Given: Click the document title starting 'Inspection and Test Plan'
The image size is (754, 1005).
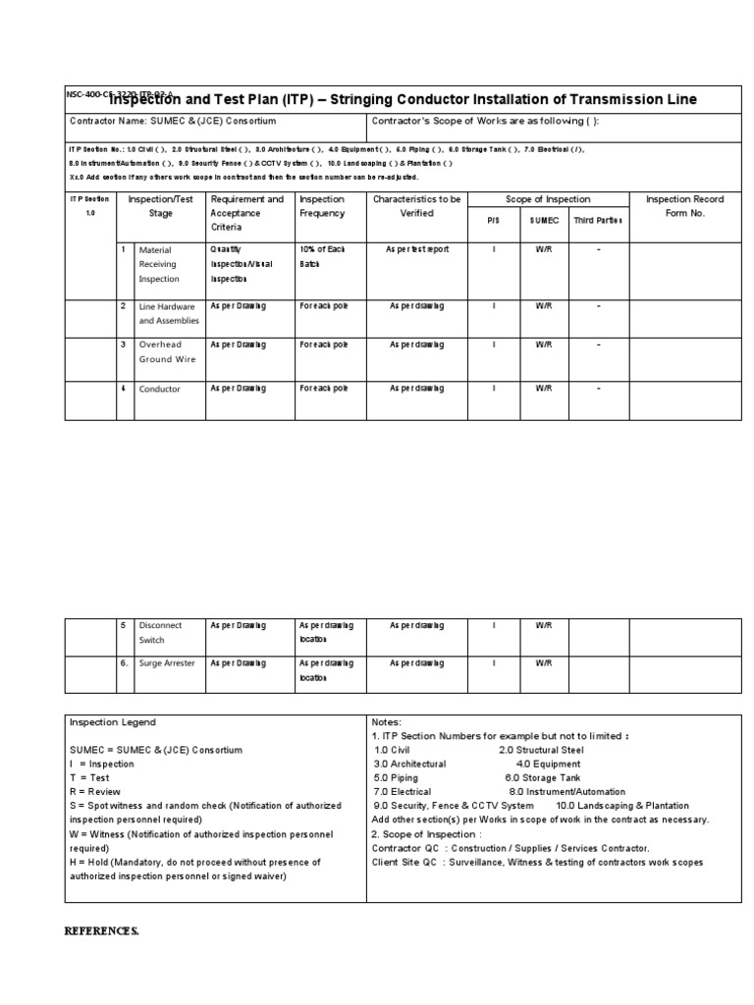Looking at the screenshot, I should pos(403,100).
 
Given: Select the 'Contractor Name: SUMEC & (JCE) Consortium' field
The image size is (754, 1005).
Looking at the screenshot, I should pos(172,122).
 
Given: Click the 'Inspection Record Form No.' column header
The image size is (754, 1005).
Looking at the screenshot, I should pos(684,206).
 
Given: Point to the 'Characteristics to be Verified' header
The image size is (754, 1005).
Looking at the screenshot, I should pos(416,206).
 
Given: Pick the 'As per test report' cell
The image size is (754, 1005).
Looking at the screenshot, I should pos(416,250).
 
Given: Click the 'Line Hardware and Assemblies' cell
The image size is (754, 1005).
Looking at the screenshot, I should pos(169,313).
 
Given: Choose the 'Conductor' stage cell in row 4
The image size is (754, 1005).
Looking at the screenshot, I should pos(160,390).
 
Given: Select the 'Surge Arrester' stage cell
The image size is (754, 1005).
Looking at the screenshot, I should pos(167,663).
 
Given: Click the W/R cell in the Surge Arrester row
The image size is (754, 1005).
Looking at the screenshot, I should pos(544,663).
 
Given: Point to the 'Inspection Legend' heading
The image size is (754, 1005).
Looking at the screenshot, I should pos(112,722).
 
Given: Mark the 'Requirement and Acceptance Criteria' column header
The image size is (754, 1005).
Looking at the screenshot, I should pos(246,213).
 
